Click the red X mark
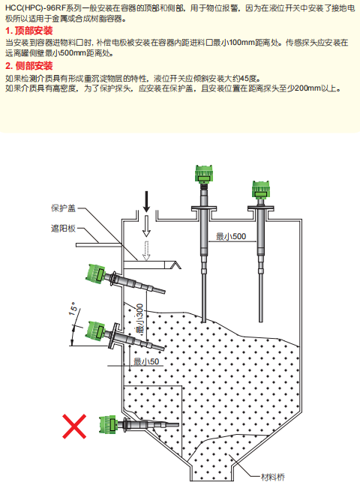tap(74, 427)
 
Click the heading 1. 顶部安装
tap(29, 31)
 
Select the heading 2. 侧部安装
tap(29, 66)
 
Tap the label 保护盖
tap(63, 208)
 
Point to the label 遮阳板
tap(63, 229)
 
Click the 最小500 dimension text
tap(231, 236)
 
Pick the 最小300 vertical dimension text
tap(139, 319)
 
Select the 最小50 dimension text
tap(146, 361)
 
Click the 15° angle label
tap(73, 309)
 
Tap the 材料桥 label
tap(273, 478)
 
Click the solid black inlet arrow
tap(146, 201)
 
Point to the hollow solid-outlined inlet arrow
tap(146, 225)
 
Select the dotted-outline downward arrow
tap(146, 250)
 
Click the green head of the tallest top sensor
tap(204, 174)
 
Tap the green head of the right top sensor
tap(261, 189)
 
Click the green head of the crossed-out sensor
tap(108, 424)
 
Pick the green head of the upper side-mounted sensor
tap(96, 273)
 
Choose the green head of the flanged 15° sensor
tap(96, 330)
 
